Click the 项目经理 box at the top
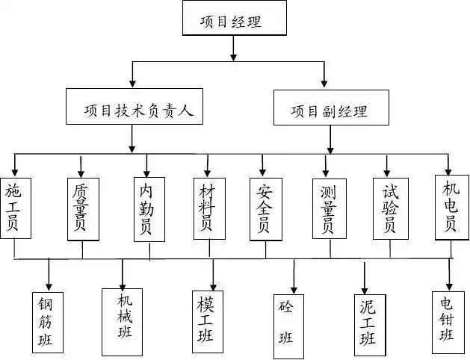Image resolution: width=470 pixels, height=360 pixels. (235, 19)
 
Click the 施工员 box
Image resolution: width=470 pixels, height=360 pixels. (15, 207)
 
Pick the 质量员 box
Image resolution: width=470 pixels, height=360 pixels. (81, 208)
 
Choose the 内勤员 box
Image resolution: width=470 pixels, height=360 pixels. (149, 209)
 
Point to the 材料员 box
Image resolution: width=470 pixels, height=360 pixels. (208, 208)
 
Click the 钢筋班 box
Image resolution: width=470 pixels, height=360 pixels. (49, 322)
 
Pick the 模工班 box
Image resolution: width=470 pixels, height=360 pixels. (212, 320)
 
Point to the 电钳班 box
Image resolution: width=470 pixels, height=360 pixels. (450, 321)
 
